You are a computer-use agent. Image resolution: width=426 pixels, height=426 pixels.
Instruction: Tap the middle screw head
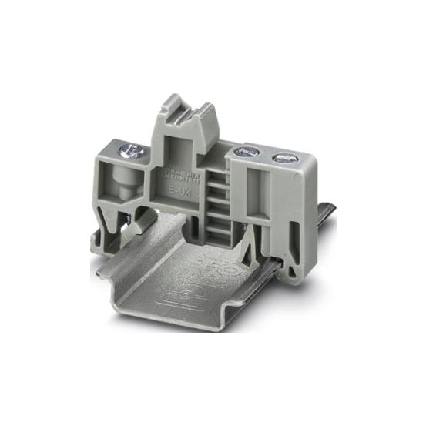247,153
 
